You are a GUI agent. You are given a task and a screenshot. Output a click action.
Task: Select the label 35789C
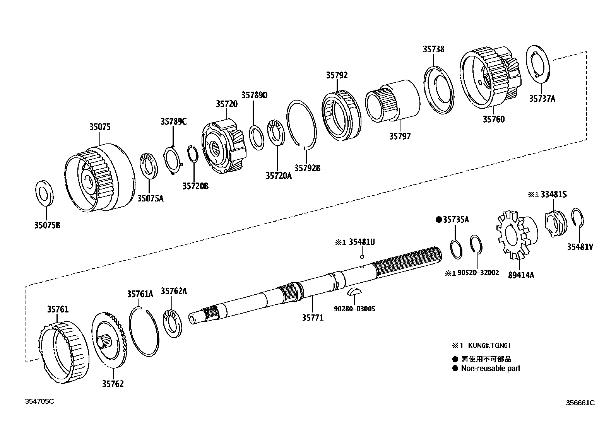click(x=173, y=121)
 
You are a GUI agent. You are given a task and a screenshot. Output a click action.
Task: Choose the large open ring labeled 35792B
click(x=301, y=124)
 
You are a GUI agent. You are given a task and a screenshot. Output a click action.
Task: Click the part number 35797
click(x=400, y=136)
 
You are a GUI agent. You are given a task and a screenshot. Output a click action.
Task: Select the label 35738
click(x=433, y=49)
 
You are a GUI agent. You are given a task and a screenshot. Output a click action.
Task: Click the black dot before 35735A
click(x=438, y=220)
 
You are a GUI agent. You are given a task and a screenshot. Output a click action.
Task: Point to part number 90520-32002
click(x=478, y=273)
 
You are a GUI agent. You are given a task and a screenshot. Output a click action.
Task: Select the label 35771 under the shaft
click(x=313, y=317)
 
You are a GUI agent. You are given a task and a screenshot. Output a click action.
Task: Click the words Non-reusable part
click(x=490, y=368)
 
